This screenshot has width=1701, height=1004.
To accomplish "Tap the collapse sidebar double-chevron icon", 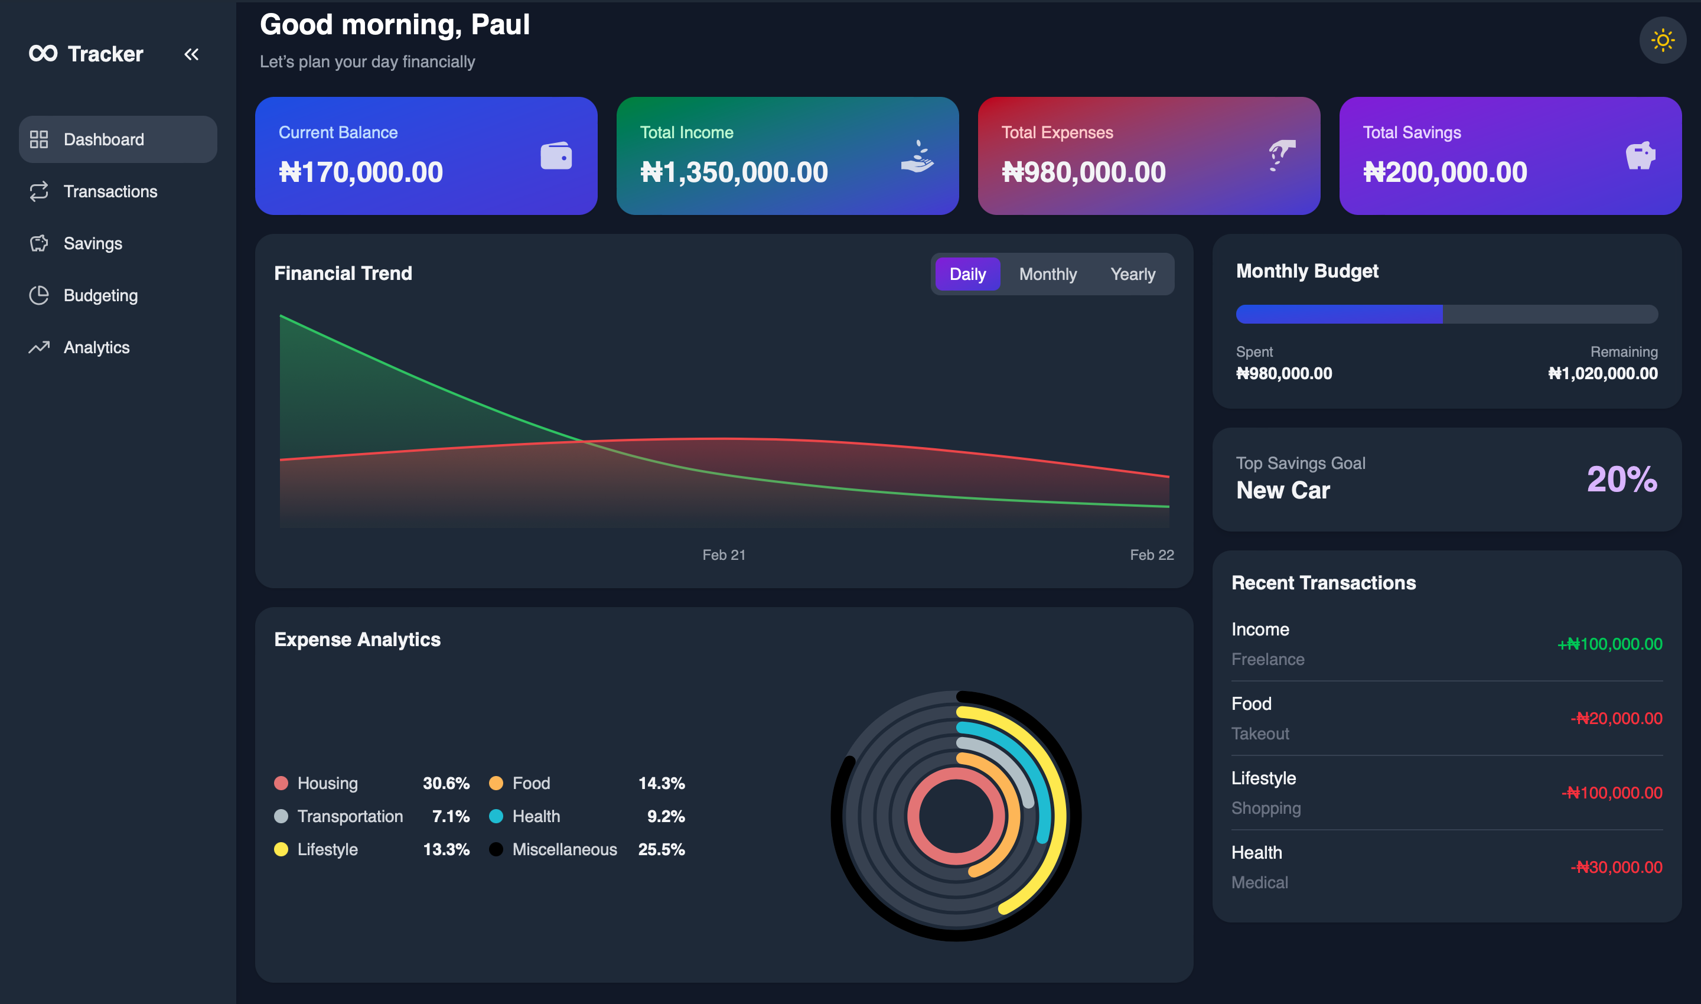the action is (x=191, y=54).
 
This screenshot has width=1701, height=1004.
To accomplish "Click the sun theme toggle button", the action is (x=1663, y=40).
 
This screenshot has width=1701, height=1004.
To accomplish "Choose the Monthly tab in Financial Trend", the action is (x=1047, y=274).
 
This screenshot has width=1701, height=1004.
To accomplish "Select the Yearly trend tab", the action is (x=1133, y=274).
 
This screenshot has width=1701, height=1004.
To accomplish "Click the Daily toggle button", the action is (x=967, y=274).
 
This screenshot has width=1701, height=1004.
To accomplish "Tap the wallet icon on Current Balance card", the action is (x=556, y=155).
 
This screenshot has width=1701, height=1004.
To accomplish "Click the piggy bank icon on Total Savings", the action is (x=1640, y=155).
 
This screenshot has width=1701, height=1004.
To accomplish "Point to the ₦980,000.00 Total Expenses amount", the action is (x=1083, y=172).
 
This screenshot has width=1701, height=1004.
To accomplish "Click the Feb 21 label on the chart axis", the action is (x=724, y=555).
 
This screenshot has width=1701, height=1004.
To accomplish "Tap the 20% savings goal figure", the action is (x=1622, y=479).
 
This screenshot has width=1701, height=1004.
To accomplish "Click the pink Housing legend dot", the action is (x=281, y=783).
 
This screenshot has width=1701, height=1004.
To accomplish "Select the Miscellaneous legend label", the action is (x=564, y=849).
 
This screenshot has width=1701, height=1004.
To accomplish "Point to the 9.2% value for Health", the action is (x=666, y=816).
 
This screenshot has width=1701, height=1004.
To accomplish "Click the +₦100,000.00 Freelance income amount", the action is (x=1609, y=644).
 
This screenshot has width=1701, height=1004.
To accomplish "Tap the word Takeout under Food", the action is (x=1260, y=734).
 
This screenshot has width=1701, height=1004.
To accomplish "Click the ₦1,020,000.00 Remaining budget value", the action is (x=1603, y=373).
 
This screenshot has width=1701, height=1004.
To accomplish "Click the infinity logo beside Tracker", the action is (x=43, y=53).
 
